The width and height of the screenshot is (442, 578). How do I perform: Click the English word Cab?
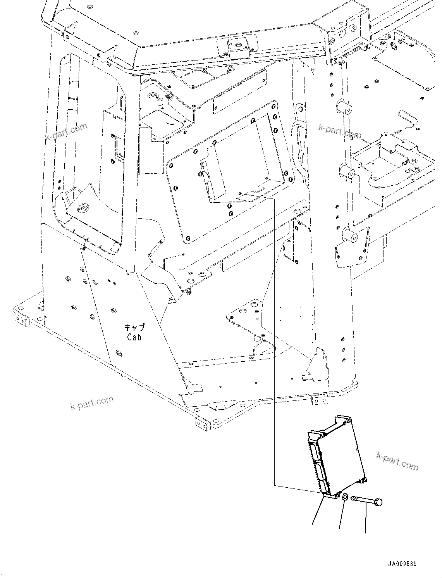(134, 337)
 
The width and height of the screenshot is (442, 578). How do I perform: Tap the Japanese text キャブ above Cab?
(134, 328)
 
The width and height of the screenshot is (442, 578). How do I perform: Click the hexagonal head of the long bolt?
(378, 502)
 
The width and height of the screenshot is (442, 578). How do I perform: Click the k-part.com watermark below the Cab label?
(92, 403)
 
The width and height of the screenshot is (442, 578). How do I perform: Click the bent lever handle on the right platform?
(407, 117)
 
